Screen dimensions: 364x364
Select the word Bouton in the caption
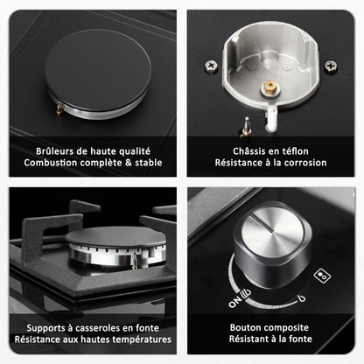tap(243, 327)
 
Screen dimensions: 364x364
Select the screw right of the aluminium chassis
tap(331, 66)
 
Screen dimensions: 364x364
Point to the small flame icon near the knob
tap(302, 298)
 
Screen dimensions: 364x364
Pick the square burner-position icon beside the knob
tap(322, 276)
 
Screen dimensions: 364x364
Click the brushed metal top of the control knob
tap(273, 232)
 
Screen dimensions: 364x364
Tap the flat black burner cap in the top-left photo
tap(98, 70)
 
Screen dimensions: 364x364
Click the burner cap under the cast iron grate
tap(115, 239)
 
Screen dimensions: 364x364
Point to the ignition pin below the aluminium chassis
tap(246, 128)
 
